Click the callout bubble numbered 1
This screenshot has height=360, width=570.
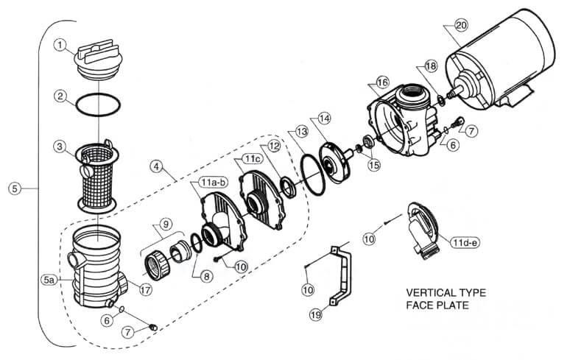click(60, 45)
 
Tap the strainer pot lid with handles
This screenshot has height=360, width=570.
click(98, 60)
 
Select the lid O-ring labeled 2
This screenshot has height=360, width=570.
click(98, 105)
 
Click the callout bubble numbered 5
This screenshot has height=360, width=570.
click(15, 188)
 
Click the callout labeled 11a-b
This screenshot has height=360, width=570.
click(213, 183)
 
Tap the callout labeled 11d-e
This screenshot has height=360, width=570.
click(465, 242)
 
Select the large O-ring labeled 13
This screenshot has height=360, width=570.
click(313, 174)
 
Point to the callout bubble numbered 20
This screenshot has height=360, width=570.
click(461, 26)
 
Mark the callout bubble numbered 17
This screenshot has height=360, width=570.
click(145, 290)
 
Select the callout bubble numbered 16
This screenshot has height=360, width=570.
click(382, 83)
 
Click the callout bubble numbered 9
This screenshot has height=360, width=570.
click(166, 224)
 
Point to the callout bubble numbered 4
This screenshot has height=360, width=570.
click(156, 166)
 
